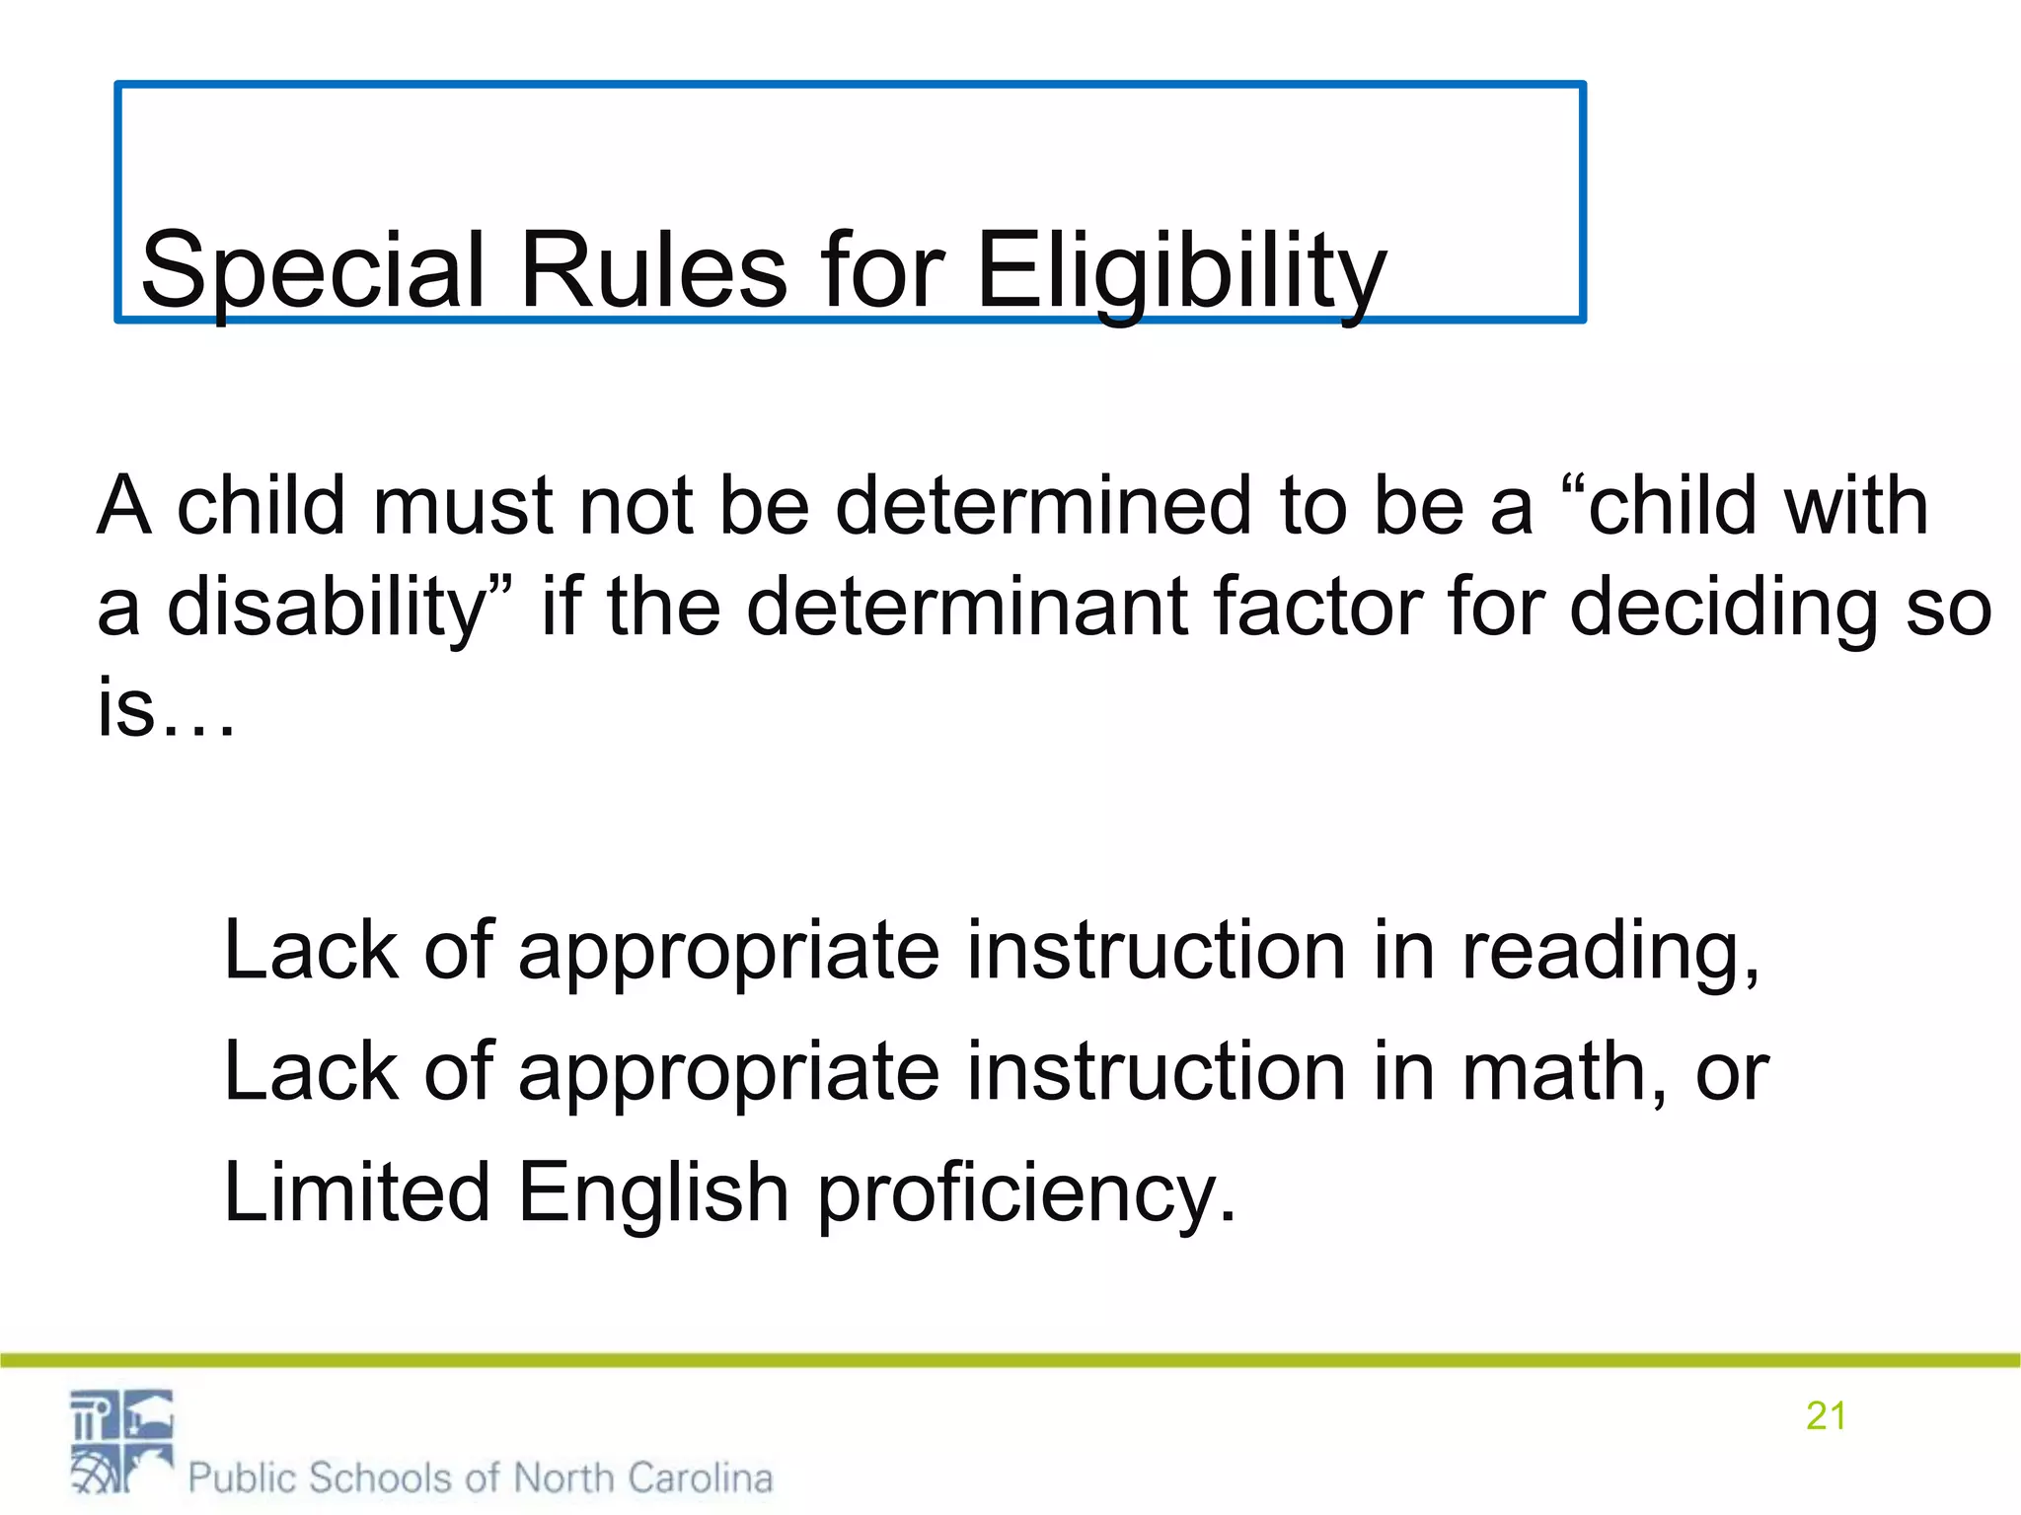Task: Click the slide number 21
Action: click(1826, 1416)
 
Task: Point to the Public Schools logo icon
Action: click(121, 1441)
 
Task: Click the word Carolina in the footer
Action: click(700, 1478)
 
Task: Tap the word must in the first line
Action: click(462, 506)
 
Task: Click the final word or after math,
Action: click(1733, 1072)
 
